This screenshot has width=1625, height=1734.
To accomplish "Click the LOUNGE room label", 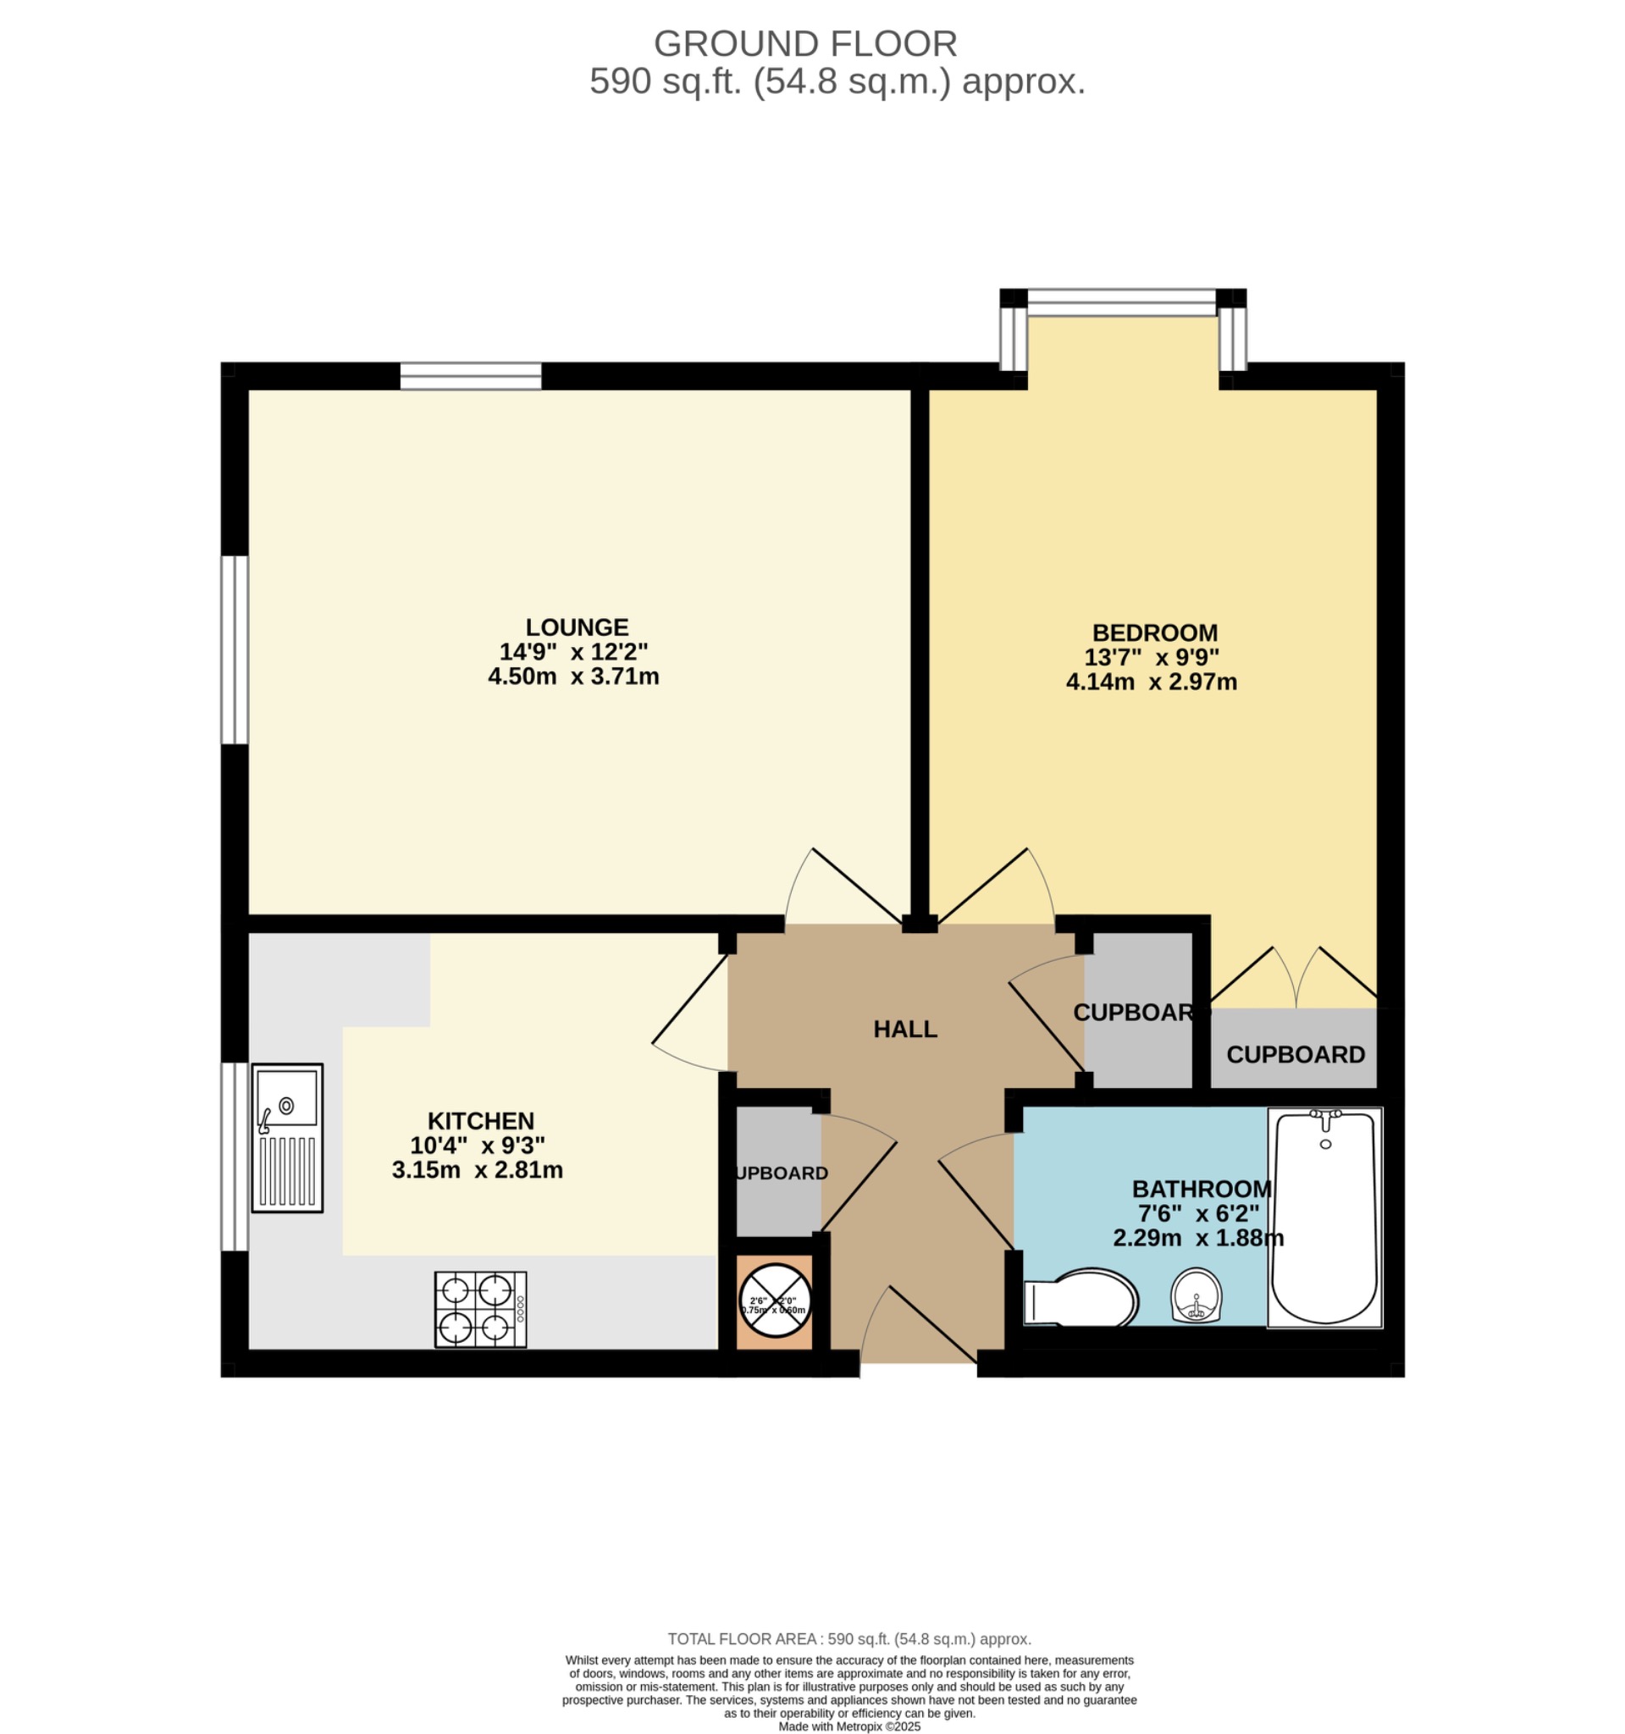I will pyautogui.click(x=577, y=627).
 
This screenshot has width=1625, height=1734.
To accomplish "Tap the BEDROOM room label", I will pyautogui.click(x=1155, y=632).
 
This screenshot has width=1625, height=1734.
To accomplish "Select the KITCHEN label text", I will pyautogui.click(x=481, y=1121).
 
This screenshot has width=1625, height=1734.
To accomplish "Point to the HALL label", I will pyautogui.click(x=905, y=1030).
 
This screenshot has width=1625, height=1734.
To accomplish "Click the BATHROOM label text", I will pyautogui.click(x=1201, y=1189).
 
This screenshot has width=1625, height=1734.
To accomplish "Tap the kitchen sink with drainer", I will pyautogui.click(x=287, y=1137).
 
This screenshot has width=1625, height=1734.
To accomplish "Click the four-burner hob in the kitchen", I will pyautogui.click(x=481, y=1309).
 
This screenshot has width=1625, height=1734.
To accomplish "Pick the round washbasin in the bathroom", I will pyautogui.click(x=1195, y=1295).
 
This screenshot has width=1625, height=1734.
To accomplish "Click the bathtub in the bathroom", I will pyautogui.click(x=1324, y=1217).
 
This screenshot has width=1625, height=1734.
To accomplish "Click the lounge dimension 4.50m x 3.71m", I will pyautogui.click(x=573, y=676).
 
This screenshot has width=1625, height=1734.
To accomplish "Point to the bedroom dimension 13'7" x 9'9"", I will pyautogui.click(x=1152, y=657).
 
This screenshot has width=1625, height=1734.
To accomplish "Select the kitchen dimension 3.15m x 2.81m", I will pyautogui.click(x=477, y=1169).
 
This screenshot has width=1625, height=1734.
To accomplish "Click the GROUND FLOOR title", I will pyautogui.click(x=805, y=44).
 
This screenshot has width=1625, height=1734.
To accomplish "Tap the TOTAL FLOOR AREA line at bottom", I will pyautogui.click(x=848, y=1639).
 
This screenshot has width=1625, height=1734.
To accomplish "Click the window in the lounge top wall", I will pyautogui.click(x=471, y=377).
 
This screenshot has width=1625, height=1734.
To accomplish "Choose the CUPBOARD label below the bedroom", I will pyautogui.click(x=1296, y=1054).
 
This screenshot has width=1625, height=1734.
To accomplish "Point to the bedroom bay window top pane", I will pyautogui.click(x=1122, y=302).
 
